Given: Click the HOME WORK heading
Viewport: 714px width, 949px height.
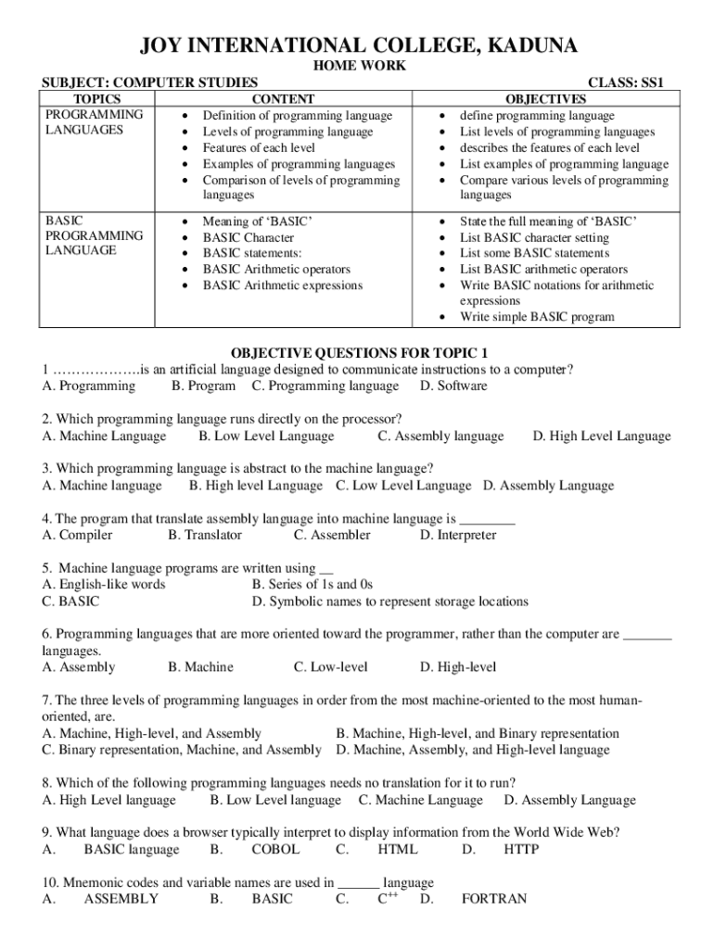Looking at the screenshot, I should [357, 67].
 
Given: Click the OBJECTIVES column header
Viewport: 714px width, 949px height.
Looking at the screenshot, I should [545, 99].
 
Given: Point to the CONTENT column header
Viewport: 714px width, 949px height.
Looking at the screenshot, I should [283, 99].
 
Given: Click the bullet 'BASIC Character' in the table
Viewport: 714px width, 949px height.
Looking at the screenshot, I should [249, 237].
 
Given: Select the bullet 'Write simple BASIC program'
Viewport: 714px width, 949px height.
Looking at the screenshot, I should [537, 317].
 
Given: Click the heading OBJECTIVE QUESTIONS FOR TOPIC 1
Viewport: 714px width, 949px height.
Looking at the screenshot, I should [358, 353].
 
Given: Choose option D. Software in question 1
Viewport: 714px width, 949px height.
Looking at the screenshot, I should [453, 386].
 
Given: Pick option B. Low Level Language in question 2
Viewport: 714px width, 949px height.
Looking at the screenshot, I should [266, 436].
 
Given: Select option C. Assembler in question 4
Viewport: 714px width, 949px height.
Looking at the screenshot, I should [332, 535].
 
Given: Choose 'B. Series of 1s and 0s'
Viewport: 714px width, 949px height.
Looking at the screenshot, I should [312, 585].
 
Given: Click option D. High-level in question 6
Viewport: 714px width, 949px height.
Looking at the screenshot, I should [458, 666].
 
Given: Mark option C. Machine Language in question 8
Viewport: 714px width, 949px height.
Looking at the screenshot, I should [421, 800].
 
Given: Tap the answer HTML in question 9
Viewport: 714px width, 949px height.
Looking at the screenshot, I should [398, 849].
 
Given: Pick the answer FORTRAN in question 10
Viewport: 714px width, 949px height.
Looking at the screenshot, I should [494, 899].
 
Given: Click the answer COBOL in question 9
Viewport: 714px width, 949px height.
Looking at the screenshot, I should [275, 849].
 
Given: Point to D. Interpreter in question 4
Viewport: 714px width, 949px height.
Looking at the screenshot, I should [458, 535].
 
